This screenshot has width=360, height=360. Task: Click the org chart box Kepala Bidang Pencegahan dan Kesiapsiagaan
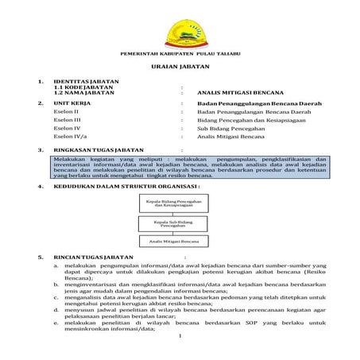172,203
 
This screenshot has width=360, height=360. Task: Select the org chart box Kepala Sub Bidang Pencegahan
172,222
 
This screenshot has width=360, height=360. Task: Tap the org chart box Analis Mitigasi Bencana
172,240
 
